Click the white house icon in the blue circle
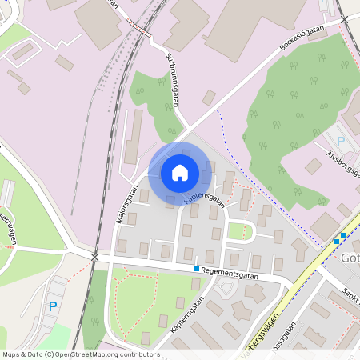point(180,172)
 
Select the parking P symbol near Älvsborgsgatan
point(340,142)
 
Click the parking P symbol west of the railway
point(53,306)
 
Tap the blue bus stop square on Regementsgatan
point(197,269)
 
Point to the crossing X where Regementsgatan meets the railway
point(95,257)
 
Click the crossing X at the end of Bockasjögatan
point(344,18)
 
